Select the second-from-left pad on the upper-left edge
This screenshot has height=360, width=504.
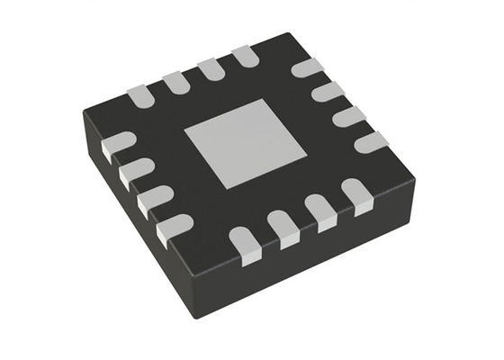tap(175, 82)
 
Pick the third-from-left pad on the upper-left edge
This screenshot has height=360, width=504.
tap(210, 70)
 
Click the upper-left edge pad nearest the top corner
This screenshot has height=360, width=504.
tap(244, 59)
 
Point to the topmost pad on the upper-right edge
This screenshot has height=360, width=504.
tap(308, 67)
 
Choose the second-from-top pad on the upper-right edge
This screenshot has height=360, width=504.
tap(328, 92)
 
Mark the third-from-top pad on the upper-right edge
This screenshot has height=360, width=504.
tap(347, 117)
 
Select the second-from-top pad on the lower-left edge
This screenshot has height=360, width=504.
tap(134, 171)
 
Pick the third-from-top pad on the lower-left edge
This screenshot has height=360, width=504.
tap(152, 198)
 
